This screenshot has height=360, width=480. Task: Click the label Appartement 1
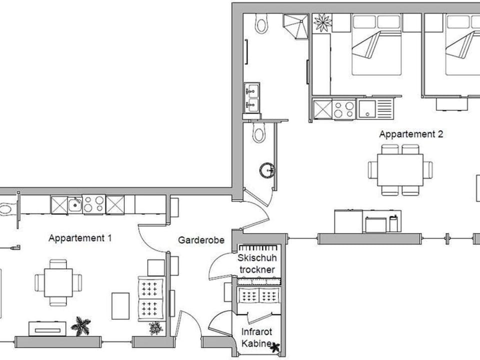(80, 238)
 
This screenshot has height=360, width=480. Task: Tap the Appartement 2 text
(411, 134)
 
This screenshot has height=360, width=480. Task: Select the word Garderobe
(201, 240)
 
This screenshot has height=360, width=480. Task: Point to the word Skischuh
(256, 258)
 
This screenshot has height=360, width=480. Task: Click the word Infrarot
(256, 332)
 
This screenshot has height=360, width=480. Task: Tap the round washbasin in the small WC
(267, 170)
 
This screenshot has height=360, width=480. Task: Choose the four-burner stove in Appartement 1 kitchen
(93, 204)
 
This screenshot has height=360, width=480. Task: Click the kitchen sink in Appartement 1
(75, 204)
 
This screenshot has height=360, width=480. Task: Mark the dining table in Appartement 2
(400, 170)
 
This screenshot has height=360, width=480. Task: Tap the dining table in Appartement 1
(58, 282)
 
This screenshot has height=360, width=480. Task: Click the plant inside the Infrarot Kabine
(273, 345)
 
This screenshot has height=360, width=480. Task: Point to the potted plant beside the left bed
(322, 22)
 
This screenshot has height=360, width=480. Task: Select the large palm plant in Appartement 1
(80, 326)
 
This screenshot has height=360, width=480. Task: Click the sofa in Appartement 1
(151, 297)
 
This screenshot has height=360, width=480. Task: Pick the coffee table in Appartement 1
(120, 305)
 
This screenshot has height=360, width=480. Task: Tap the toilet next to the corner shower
(261, 23)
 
